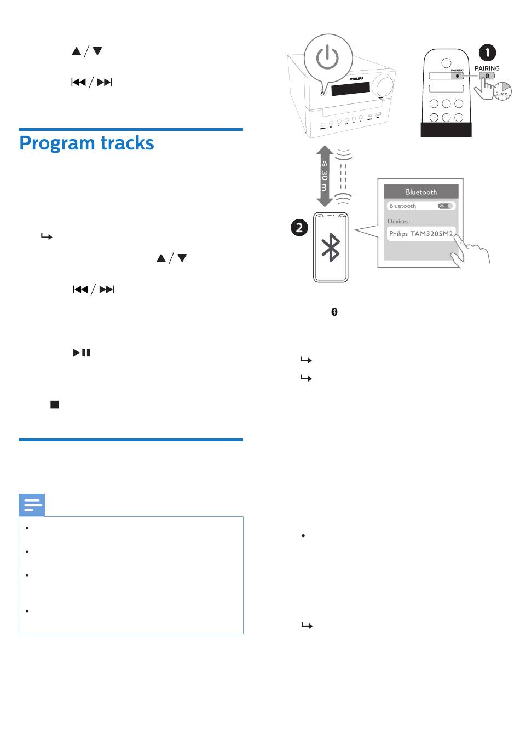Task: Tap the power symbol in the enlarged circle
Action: click(x=327, y=57)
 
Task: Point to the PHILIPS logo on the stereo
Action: click(x=357, y=79)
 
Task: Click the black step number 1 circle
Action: click(x=487, y=53)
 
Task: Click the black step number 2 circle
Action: click(x=299, y=227)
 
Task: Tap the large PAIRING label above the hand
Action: click(x=487, y=68)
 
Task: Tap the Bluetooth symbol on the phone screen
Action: click(x=331, y=247)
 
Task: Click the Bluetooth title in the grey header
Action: click(x=421, y=192)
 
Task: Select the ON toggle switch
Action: click(x=446, y=206)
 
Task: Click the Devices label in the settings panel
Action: click(x=398, y=221)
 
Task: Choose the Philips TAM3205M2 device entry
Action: click(x=421, y=234)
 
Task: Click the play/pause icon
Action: click(x=82, y=353)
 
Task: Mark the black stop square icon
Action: click(x=54, y=405)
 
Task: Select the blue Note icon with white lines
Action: click(x=32, y=505)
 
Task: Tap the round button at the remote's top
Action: click(x=446, y=62)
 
